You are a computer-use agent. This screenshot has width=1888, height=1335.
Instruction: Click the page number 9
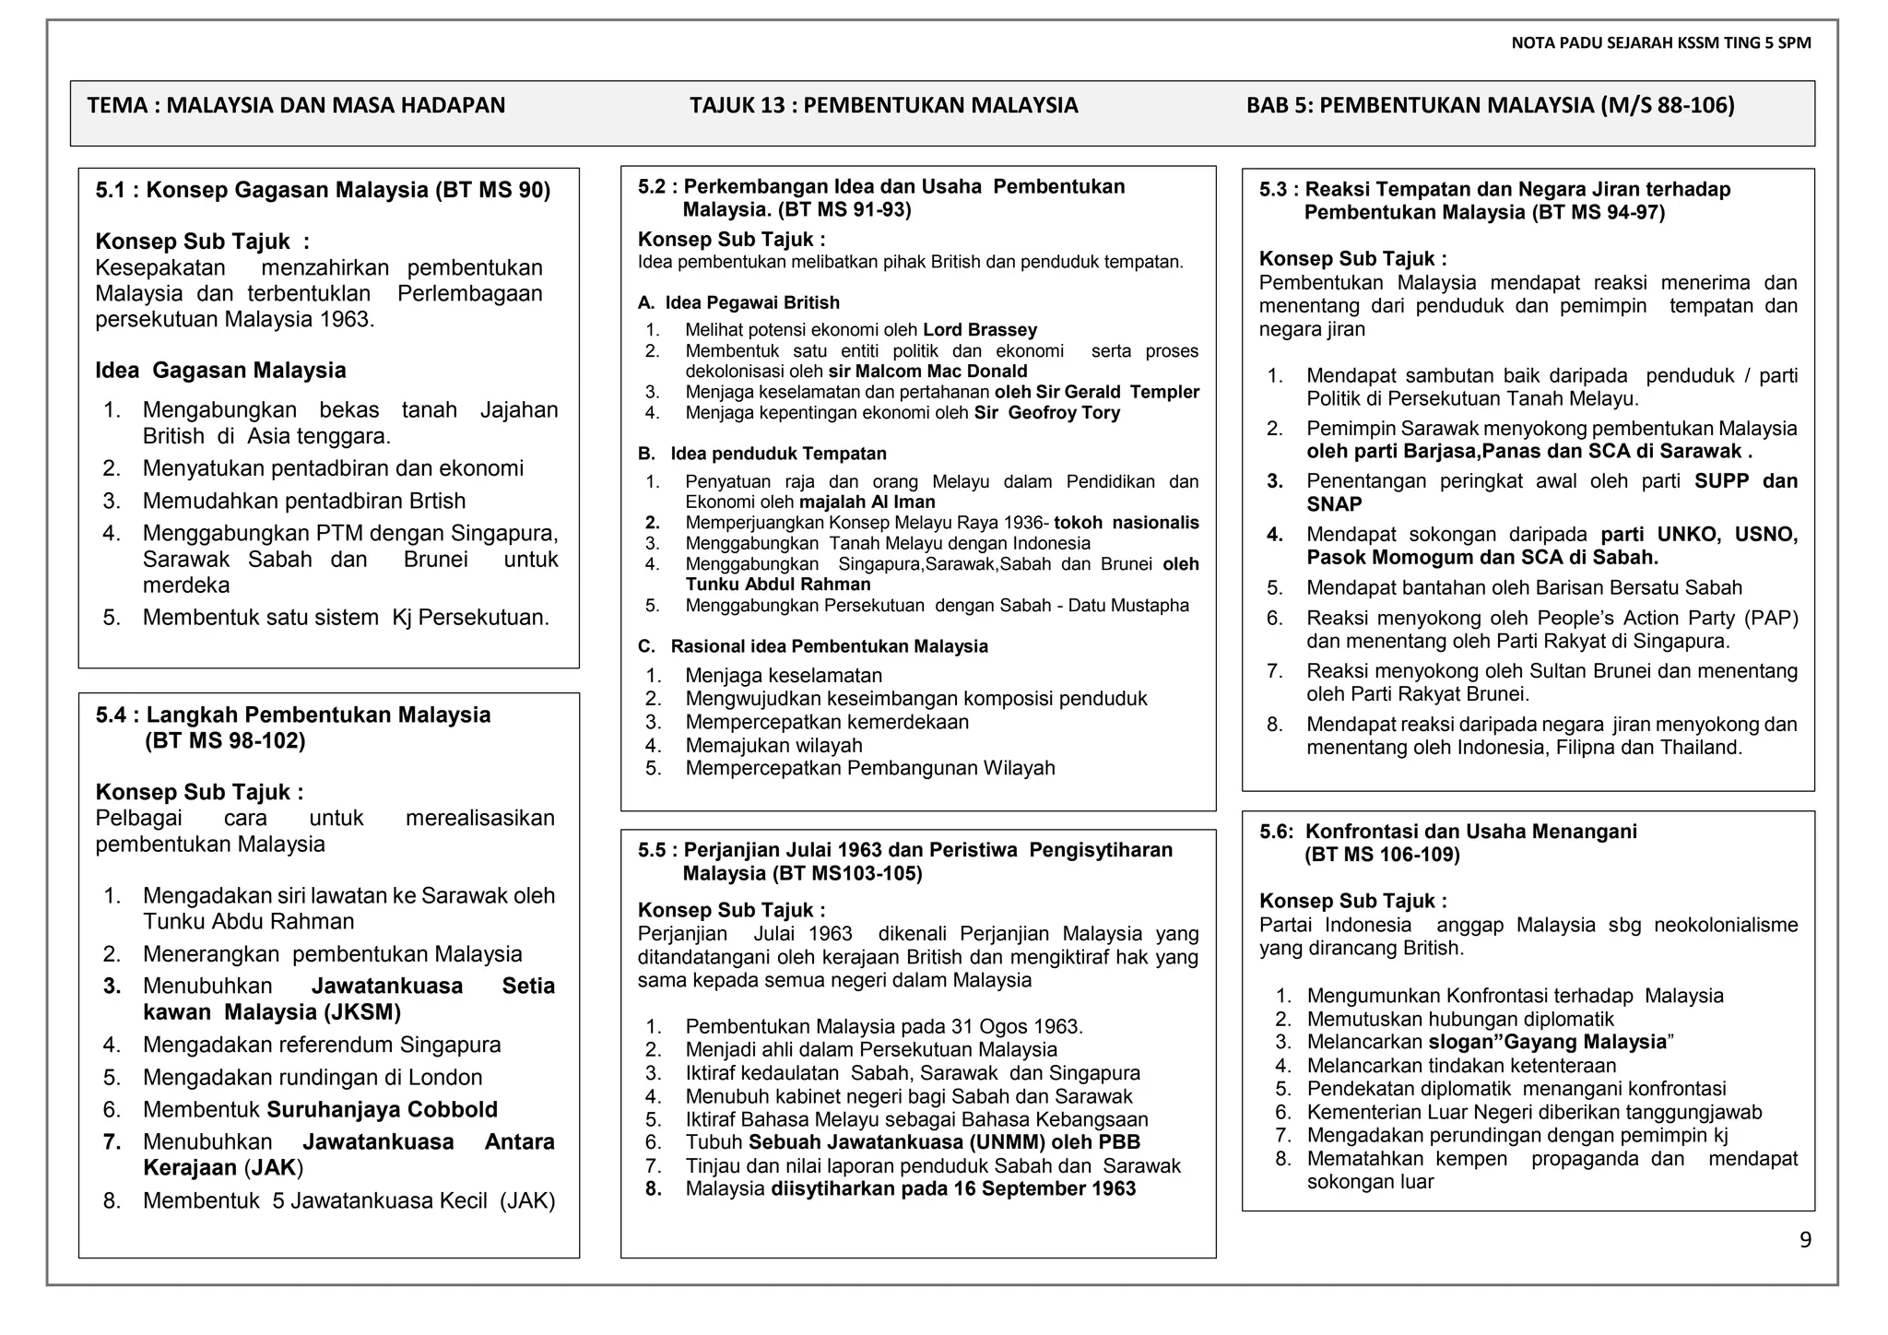[x=1805, y=1240]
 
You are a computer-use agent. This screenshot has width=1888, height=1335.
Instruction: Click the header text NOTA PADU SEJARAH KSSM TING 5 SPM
[x=1661, y=43]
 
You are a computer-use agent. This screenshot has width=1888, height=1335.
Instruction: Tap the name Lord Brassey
[x=979, y=330]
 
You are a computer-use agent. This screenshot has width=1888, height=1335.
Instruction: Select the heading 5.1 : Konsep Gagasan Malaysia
[x=323, y=191]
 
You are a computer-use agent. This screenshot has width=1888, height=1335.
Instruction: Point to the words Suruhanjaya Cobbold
[x=382, y=1109]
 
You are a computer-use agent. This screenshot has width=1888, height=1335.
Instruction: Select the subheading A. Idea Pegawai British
[x=738, y=302]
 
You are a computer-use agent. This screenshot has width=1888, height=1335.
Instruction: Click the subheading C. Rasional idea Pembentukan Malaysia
[x=812, y=646]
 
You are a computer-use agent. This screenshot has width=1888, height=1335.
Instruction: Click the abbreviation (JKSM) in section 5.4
[x=362, y=1012]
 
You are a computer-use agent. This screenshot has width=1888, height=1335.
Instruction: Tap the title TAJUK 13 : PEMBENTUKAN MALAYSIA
[x=883, y=105]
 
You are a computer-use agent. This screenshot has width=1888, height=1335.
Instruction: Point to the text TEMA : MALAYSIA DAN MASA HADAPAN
[x=296, y=105]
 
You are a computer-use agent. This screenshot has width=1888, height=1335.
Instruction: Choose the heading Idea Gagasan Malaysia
[x=220, y=371]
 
